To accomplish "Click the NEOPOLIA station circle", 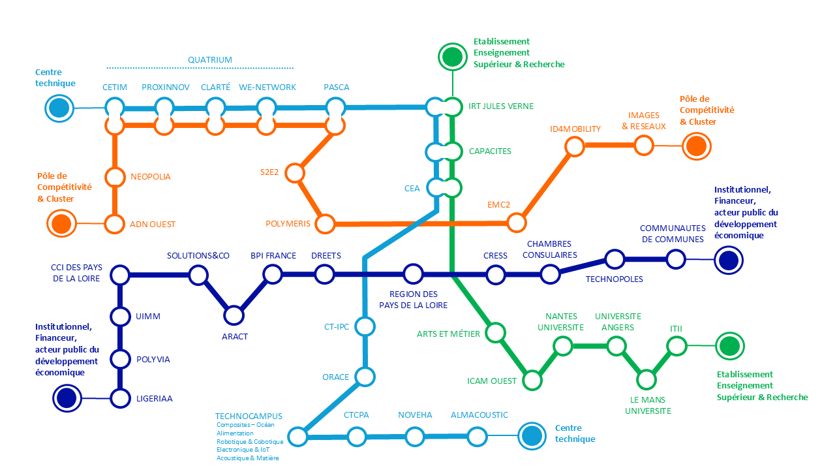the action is tap(115, 177).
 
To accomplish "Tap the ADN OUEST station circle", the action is tap(114, 224).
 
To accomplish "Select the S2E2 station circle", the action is tap(295, 173).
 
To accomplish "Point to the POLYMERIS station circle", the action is tap(325, 224).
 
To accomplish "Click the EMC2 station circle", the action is tap(516, 223).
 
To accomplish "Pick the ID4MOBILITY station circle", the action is tap(575, 146).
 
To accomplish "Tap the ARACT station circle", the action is tap(234, 315).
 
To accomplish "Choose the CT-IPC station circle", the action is tap(365, 326).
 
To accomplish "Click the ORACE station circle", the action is tap(365, 377).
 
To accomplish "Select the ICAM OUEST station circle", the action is tap(532, 381).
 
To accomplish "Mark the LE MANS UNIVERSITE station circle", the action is tap(646, 380).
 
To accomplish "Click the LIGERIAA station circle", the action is tap(120, 398).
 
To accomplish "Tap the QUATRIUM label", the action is tap(210, 59).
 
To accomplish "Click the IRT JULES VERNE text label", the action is tap(501, 106).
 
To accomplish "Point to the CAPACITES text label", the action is tap(490, 151).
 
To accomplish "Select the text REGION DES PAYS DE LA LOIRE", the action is tap(413, 300).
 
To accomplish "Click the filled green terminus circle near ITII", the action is tap(730, 346).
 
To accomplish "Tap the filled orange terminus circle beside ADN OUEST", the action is tap(61, 223).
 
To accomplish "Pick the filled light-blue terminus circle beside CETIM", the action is tap(59, 108).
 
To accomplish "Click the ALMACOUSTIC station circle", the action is tap(477, 436).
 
